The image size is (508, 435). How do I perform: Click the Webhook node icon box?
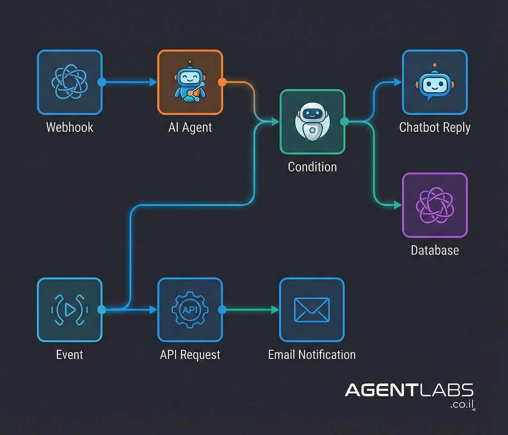coord(69,82)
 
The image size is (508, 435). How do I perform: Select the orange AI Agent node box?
coord(190,82)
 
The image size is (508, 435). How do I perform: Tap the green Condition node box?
coord(312,121)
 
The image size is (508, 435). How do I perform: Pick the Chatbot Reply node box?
coord(435,82)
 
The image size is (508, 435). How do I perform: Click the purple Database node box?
coord(435,205)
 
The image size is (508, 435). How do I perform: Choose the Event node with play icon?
coord(69,309)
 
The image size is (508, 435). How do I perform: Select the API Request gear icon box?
coord(190,309)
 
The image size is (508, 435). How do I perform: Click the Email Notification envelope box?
coord(312,309)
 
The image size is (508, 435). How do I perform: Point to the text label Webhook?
coord(69,127)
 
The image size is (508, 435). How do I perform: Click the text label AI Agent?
coord(190,127)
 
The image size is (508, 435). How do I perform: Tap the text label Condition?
coord(312,167)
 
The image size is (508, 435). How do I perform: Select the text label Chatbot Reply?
coord(435,127)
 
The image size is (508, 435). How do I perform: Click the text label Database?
coord(435,250)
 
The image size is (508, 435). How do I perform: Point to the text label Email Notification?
coord(312,354)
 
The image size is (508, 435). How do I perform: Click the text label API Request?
coord(190,354)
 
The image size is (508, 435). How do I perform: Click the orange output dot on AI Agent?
coord(222,82)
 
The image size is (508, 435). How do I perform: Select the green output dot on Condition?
coord(344,121)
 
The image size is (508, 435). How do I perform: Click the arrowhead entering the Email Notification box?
coord(275,309)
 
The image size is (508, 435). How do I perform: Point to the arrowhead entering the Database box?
coord(398,205)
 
